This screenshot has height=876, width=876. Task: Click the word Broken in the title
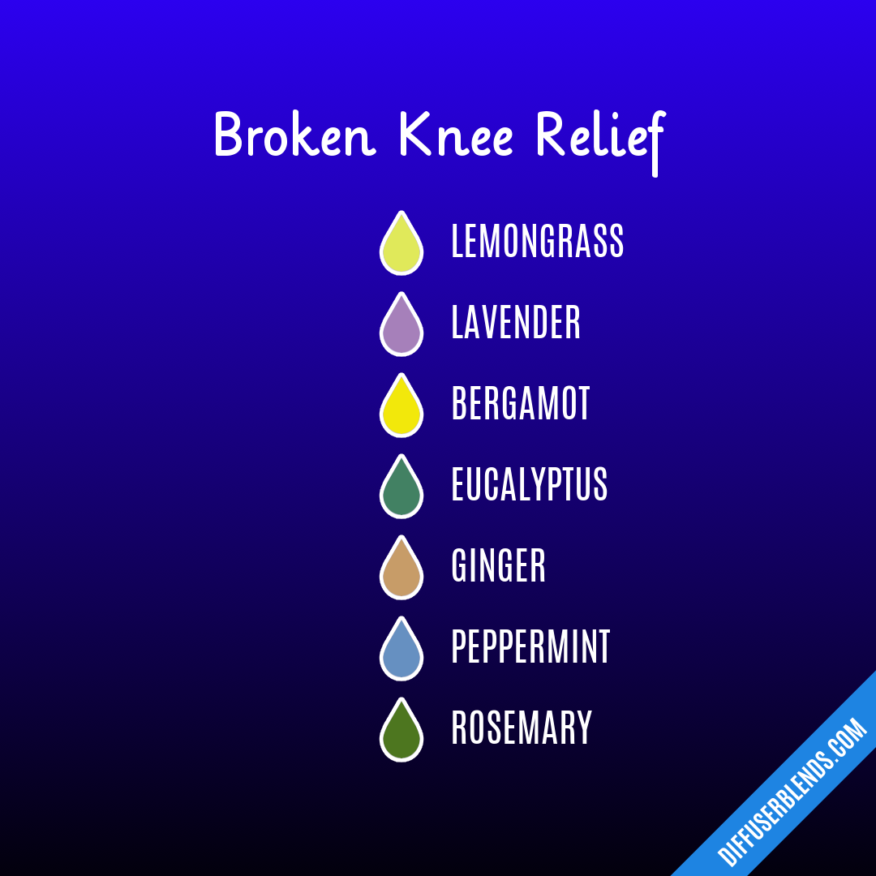point(294,135)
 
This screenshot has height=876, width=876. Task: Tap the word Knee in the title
point(457,135)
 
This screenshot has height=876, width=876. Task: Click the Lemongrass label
point(537,242)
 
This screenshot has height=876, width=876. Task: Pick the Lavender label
point(516,323)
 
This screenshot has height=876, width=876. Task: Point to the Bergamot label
point(521,404)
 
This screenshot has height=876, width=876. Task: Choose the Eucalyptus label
point(529,485)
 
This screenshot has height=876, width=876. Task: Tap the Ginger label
point(498,566)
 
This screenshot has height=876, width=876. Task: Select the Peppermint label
point(530,647)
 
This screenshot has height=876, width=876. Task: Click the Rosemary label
point(522,728)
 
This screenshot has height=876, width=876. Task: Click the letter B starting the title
point(229,135)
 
